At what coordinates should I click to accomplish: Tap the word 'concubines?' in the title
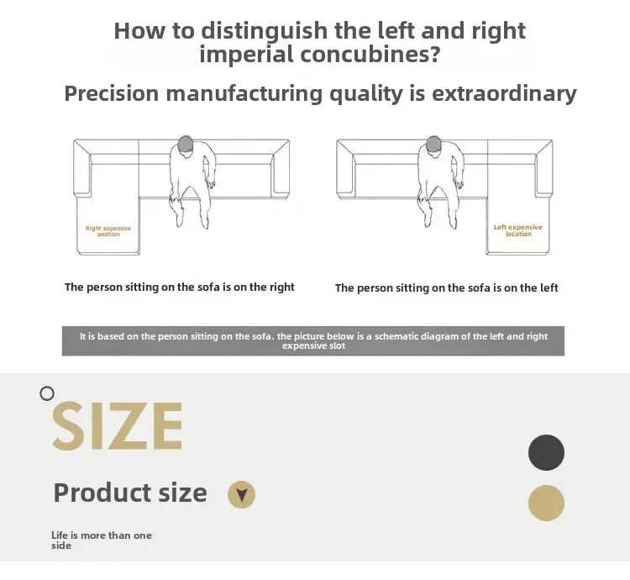tap(370, 55)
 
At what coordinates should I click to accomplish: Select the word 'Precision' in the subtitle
tap(112, 93)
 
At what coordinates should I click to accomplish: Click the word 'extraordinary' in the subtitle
tap(504, 93)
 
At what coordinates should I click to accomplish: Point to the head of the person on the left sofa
tap(186, 144)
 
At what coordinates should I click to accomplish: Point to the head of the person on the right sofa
tap(433, 144)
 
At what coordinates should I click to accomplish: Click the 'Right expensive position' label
tap(108, 231)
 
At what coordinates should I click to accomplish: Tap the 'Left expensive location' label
tap(518, 230)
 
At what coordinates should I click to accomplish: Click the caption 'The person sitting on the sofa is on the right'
tap(180, 287)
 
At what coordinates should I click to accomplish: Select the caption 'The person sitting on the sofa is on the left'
tap(446, 287)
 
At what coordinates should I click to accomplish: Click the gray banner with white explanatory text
tap(313, 340)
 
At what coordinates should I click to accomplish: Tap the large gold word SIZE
tap(118, 425)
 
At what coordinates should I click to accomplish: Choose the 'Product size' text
tap(130, 493)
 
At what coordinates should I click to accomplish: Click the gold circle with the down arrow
tap(241, 495)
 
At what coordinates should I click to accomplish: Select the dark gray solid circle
tap(546, 452)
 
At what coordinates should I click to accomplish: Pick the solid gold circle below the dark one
tap(546, 503)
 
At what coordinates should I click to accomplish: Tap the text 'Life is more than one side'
tap(102, 540)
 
